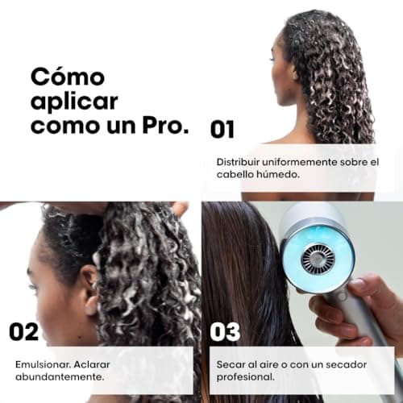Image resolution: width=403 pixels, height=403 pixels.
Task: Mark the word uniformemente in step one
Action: point(305,161)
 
